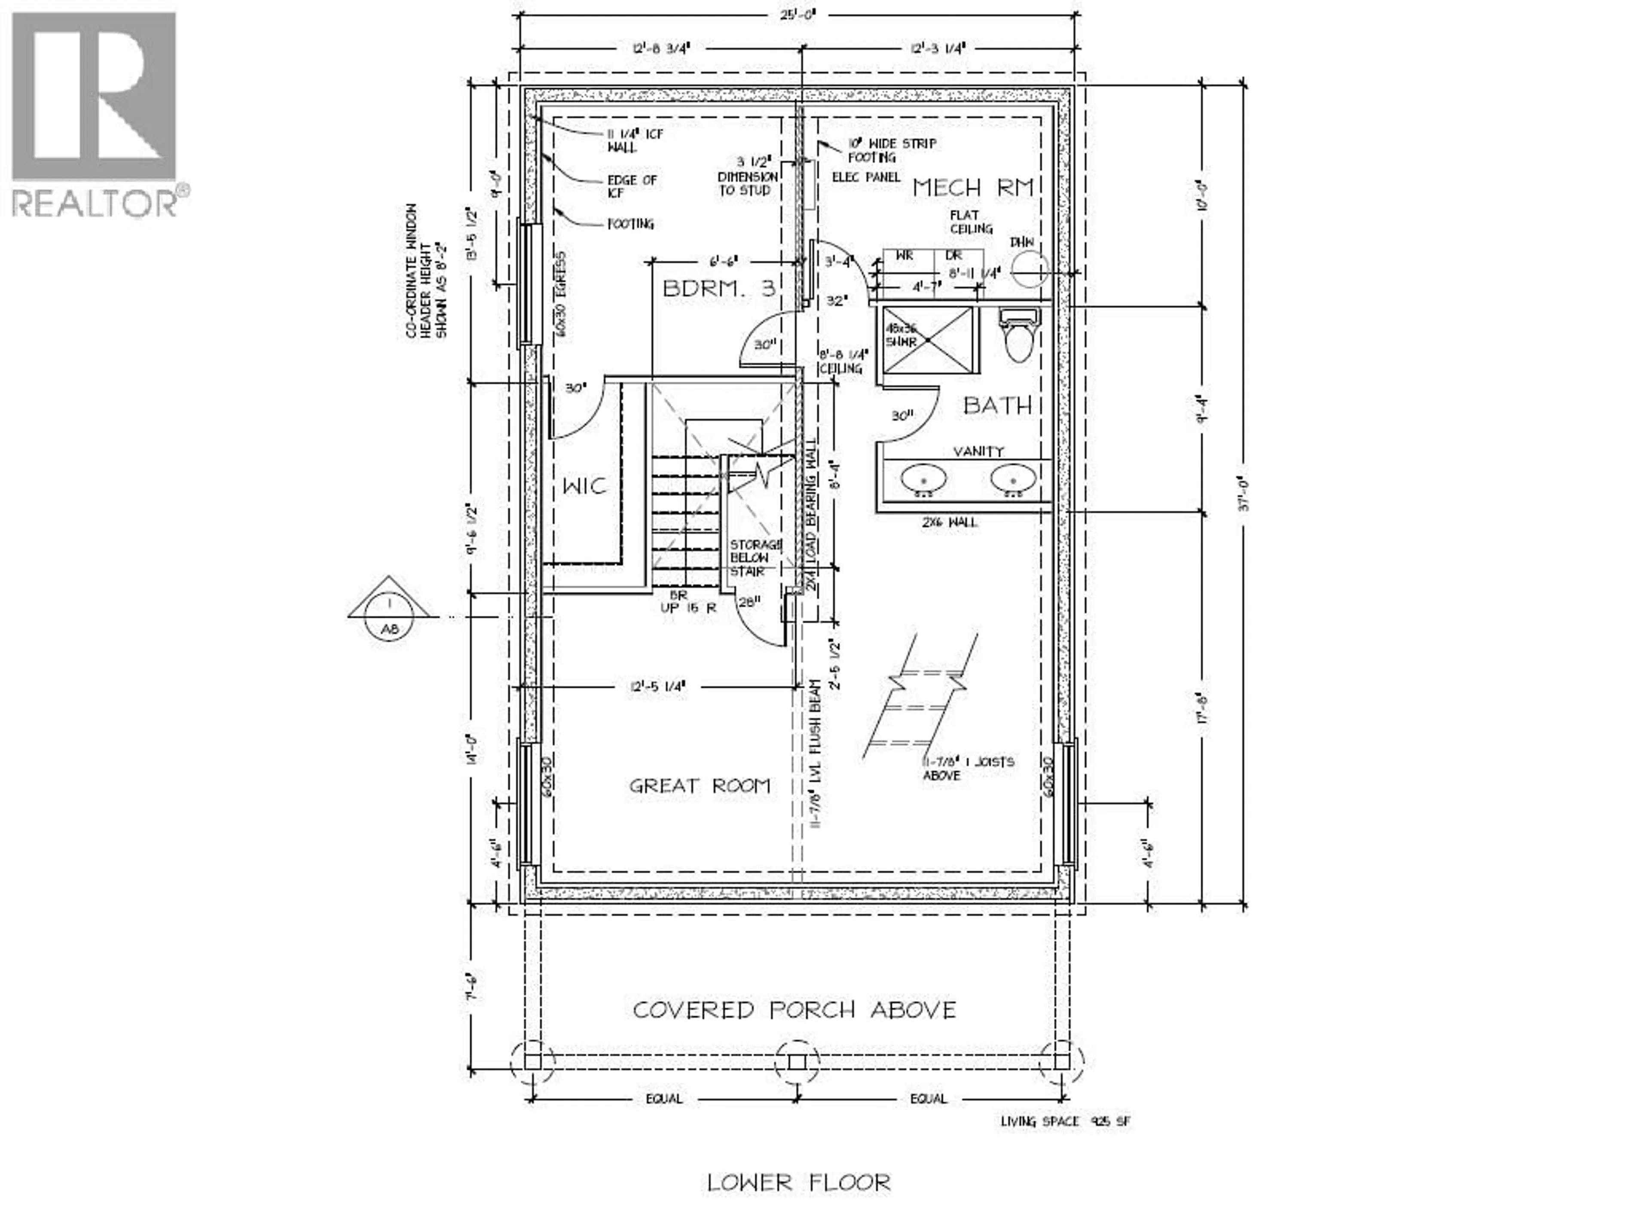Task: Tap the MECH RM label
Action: pyautogui.click(x=972, y=188)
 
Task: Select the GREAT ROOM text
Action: pyautogui.click(x=700, y=786)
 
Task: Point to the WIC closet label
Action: pyautogui.click(x=584, y=486)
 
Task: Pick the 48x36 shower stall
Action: pyautogui.click(x=928, y=340)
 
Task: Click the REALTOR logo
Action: pyautogui.click(x=95, y=113)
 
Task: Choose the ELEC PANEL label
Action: pyautogui.click(x=865, y=177)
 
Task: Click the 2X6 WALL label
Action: pyautogui.click(x=951, y=522)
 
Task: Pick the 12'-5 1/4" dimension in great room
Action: pyautogui.click(x=657, y=686)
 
